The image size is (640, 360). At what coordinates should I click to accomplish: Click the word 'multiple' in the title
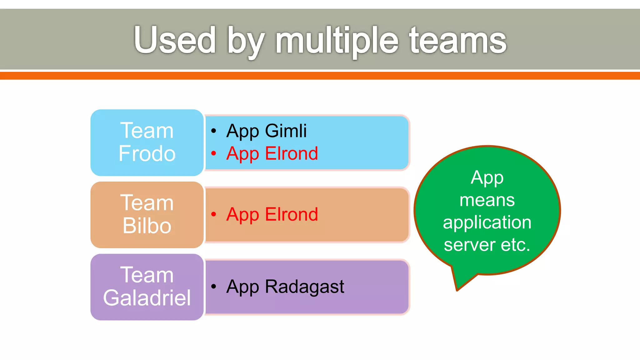point(337,41)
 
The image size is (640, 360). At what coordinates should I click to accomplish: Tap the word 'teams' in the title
point(458,41)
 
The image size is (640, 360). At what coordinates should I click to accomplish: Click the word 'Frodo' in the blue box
point(147,153)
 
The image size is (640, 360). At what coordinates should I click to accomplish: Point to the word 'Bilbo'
point(147,226)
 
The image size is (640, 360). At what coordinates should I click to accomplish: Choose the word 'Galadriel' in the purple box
point(147,297)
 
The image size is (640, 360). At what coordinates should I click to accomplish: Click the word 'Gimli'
point(286,131)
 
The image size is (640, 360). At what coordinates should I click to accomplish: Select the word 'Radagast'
point(304,286)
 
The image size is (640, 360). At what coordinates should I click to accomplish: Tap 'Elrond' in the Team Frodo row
point(291,153)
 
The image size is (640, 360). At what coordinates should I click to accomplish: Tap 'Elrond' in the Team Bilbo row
point(291,214)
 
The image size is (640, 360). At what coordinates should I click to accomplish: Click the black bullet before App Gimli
point(214,131)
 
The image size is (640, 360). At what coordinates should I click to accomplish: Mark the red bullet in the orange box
point(214,214)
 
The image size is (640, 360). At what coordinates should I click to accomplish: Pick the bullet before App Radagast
point(214,286)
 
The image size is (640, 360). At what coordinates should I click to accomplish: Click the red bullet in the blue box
point(214,153)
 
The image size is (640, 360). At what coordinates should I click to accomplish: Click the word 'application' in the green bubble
point(487,222)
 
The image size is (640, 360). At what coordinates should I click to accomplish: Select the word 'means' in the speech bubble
point(487,200)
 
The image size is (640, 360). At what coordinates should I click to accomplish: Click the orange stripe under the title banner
point(320,76)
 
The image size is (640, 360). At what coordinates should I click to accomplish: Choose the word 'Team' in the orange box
point(147,203)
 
